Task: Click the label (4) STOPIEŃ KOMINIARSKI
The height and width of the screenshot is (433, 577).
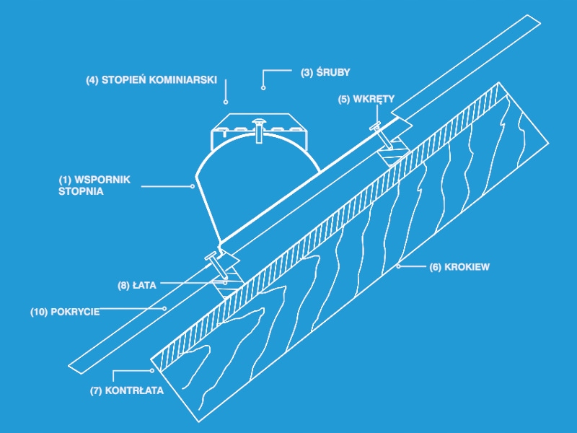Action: [x=151, y=80]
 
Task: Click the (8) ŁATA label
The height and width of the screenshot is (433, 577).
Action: [x=137, y=284]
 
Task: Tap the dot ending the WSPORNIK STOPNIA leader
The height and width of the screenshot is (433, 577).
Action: [x=193, y=186]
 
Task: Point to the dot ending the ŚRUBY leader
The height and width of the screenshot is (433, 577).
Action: [x=263, y=87]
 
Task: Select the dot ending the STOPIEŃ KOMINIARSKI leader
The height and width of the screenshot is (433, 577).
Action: [x=226, y=102]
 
